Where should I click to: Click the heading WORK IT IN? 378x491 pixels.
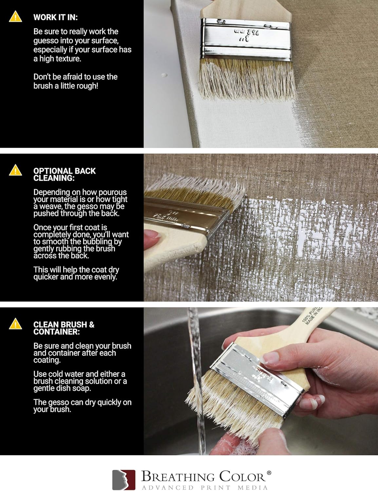click(55, 17)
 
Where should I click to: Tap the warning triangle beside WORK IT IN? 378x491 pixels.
click(15, 17)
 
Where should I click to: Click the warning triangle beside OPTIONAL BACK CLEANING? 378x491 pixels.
click(15, 170)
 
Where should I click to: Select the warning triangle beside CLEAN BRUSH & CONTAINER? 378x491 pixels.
click(15, 324)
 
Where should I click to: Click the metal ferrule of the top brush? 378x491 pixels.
click(246, 39)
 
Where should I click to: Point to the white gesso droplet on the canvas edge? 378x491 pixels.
click(164, 75)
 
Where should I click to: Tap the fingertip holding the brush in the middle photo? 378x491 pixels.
click(151, 234)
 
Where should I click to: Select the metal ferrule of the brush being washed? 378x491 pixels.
click(259, 373)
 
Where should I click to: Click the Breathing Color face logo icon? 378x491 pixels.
click(124, 480)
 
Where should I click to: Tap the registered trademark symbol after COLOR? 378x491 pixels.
click(269, 473)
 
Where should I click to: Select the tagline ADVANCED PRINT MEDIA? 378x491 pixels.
click(205, 487)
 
